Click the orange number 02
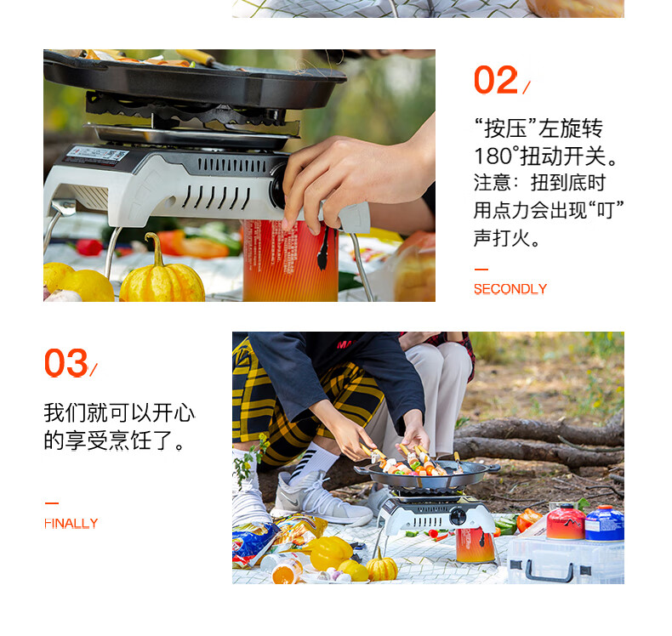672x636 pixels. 496,80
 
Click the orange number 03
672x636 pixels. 66,363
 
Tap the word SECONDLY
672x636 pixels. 510,288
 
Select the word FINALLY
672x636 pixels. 71,523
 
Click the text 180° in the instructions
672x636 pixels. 496,156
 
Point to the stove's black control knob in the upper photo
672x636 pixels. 277,185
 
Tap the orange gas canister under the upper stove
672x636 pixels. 291,261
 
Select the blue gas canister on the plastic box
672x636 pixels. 604,523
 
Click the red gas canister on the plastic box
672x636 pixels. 566,522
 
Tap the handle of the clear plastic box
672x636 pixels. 549,573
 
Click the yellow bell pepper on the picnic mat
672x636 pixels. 331,553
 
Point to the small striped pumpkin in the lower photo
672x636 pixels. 381,567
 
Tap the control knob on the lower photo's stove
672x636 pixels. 458,515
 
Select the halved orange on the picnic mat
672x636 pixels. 285,573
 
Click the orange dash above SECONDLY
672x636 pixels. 481,270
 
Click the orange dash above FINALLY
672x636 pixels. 51,503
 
